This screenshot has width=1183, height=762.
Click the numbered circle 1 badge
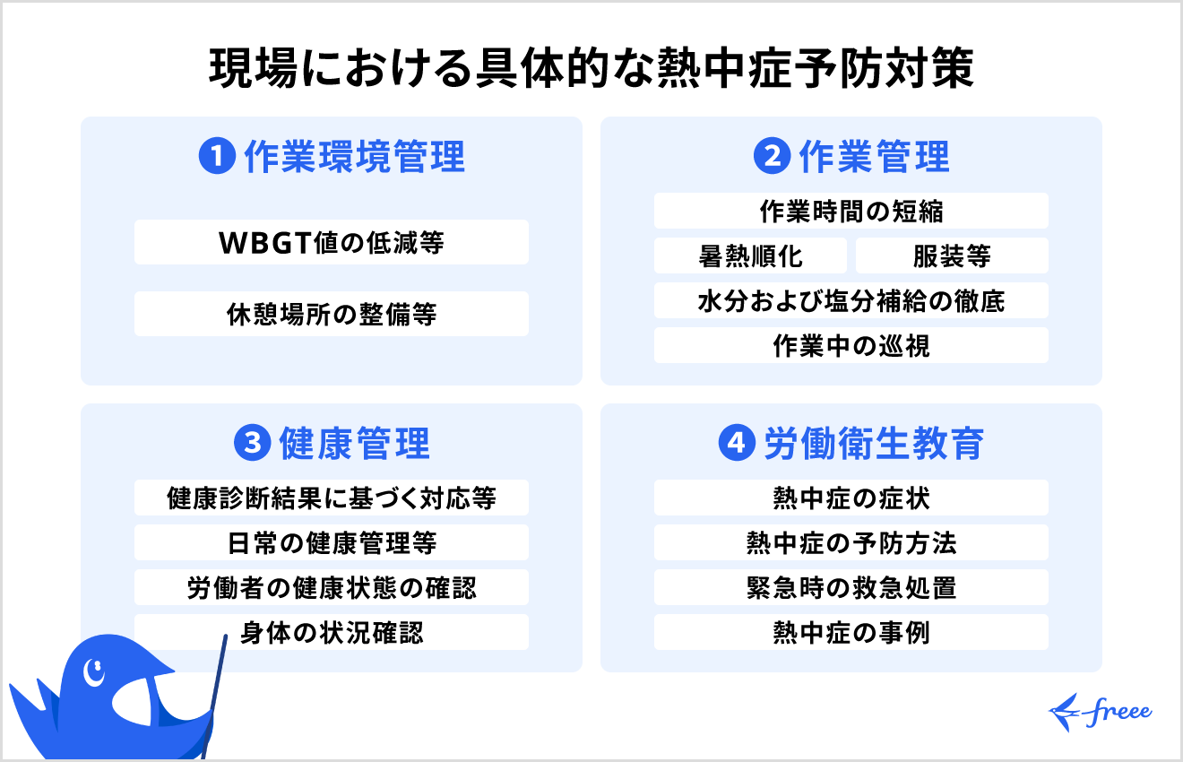point(216,158)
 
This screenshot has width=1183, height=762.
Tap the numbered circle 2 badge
point(772,158)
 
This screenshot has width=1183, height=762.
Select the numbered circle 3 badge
point(252,444)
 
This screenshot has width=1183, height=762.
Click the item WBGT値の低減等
point(332,242)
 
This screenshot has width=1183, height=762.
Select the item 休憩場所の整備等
point(332,314)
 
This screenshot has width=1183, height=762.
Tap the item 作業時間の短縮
point(851,211)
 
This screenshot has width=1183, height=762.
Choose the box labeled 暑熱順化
point(750,255)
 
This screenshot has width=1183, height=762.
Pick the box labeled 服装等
point(952,255)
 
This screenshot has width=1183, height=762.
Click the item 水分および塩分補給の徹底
point(851,300)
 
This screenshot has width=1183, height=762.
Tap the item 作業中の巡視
point(851,345)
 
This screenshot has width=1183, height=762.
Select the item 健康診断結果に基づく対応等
point(332,498)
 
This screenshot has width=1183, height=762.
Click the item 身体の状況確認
point(332,632)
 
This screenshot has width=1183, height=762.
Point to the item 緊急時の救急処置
point(851,587)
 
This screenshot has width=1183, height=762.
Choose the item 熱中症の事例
point(851,632)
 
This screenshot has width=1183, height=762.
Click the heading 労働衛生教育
point(874,444)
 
